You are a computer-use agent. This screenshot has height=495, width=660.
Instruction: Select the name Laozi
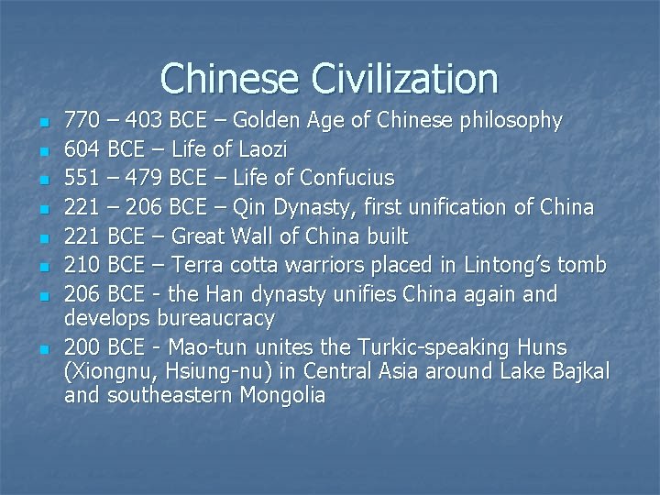coord(261,148)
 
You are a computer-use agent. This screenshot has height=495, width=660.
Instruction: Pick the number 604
coord(82,148)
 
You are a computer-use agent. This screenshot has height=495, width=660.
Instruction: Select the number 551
coord(82,177)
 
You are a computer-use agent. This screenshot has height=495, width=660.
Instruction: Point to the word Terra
coord(197,266)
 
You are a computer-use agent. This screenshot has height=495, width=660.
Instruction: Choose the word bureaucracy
coord(215,319)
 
